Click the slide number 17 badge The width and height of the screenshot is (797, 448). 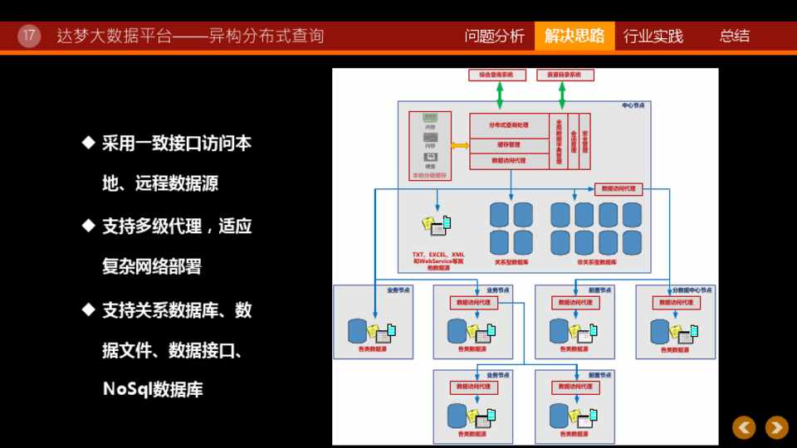(29, 36)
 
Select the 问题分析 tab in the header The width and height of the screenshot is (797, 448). (494, 36)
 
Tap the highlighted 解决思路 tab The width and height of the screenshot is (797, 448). (575, 36)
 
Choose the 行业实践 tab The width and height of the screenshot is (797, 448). (653, 36)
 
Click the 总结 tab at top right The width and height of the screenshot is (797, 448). (734, 36)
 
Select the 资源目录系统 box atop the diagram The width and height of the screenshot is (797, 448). (565, 75)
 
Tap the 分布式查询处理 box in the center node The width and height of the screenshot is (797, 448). (508, 125)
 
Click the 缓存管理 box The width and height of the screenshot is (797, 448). (508, 145)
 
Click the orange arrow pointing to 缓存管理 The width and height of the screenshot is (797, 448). (460, 145)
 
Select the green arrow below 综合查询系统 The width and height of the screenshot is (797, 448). (500, 95)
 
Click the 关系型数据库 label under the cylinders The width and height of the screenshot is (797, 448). (511, 262)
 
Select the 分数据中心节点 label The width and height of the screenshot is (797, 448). (692, 290)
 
